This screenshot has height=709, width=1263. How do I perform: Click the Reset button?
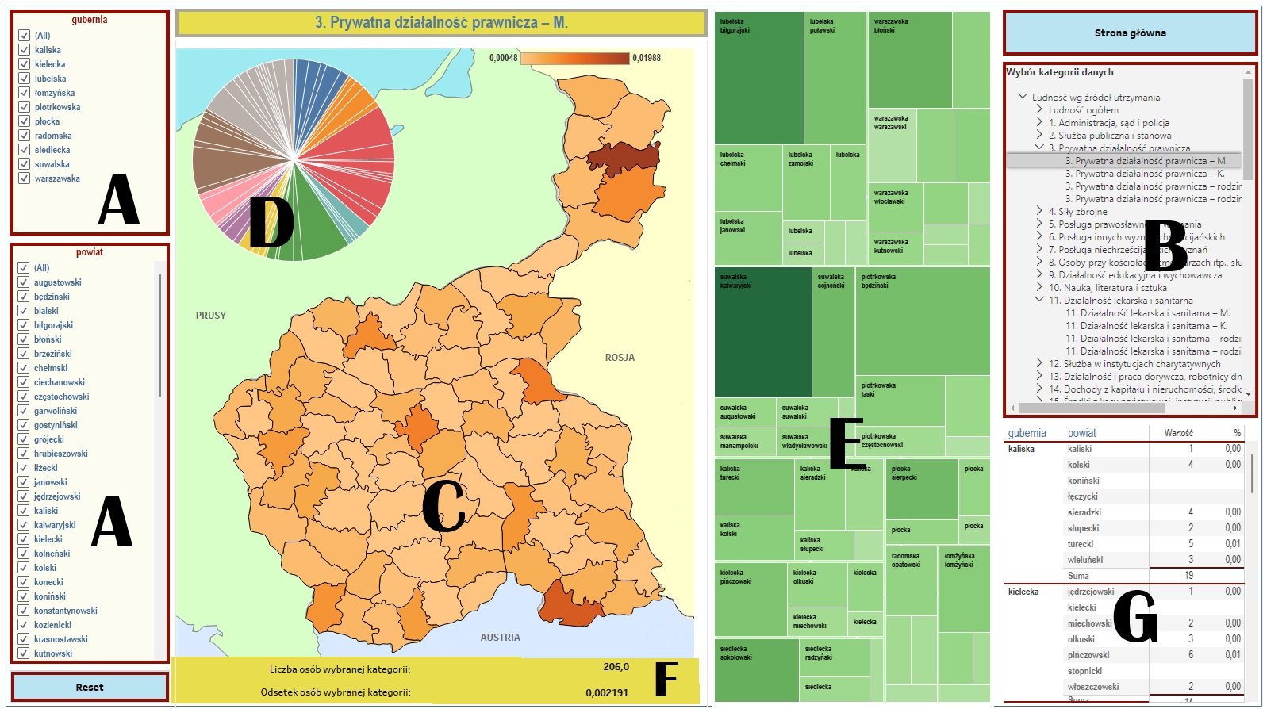[x=90, y=687]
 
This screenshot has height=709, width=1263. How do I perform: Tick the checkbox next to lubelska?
[x=25, y=79]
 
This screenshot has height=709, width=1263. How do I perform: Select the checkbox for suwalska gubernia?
[x=25, y=164]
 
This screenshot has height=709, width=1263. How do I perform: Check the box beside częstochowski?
[x=24, y=397]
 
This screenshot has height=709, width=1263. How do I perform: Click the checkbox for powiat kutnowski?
[x=24, y=653]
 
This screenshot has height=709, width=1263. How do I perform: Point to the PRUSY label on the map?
[x=211, y=316]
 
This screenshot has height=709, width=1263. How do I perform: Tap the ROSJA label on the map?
[x=620, y=358]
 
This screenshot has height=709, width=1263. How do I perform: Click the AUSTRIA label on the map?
[x=500, y=638]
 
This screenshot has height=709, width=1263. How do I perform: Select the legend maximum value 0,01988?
[x=647, y=58]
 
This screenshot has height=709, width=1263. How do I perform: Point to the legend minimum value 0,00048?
[x=503, y=58]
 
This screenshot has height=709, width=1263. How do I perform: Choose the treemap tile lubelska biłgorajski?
[x=758, y=78]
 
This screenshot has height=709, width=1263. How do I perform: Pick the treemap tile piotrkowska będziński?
[x=922, y=321]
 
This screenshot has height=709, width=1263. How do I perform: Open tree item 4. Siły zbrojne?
[x=1077, y=212]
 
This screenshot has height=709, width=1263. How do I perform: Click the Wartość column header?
[x=1178, y=433]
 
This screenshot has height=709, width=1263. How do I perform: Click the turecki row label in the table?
[x=1080, y=544]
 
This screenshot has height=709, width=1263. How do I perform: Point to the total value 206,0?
[x=616, y=667]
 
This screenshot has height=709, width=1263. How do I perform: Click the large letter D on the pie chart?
[x=271, y=223]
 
